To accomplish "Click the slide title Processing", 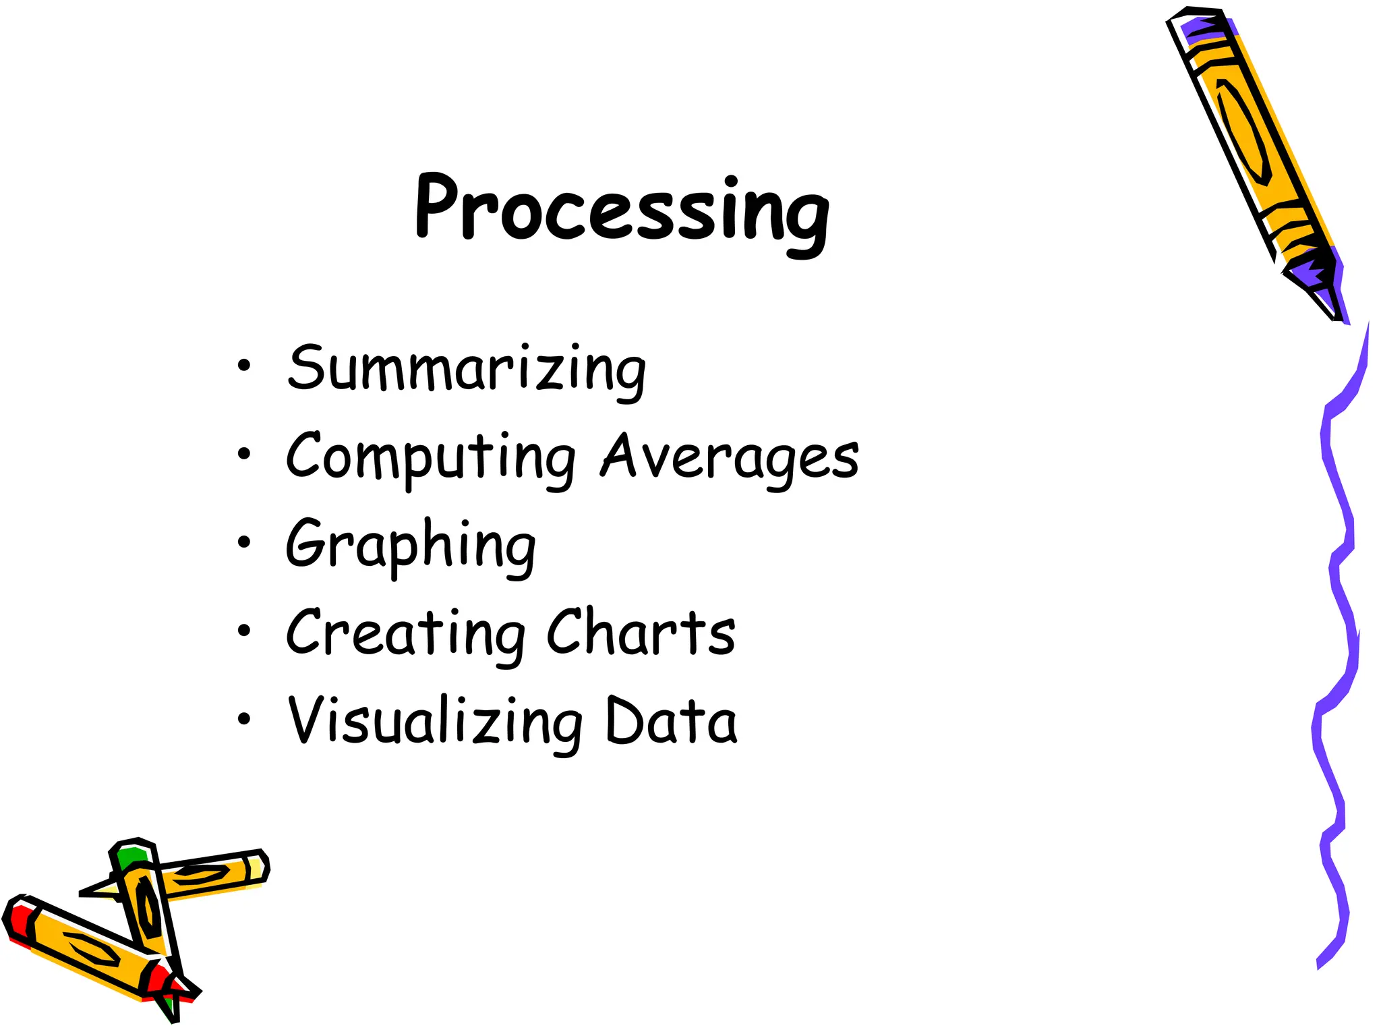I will click(x=622, y=210).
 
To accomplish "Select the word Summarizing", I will click(x=467, y=369).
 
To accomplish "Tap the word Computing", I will click(x=431, y=457).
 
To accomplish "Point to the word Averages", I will click(x=730, y=457).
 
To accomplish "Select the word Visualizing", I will click(x=435, y=722).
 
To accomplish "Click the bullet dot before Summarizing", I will click(x=243, y=366).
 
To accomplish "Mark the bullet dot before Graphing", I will click(x=243, y=542).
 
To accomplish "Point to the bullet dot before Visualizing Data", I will click(x=243, y=719).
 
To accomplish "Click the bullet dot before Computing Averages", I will click(x=243, y=454).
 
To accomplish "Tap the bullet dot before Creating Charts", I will click(x=243, y=631).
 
